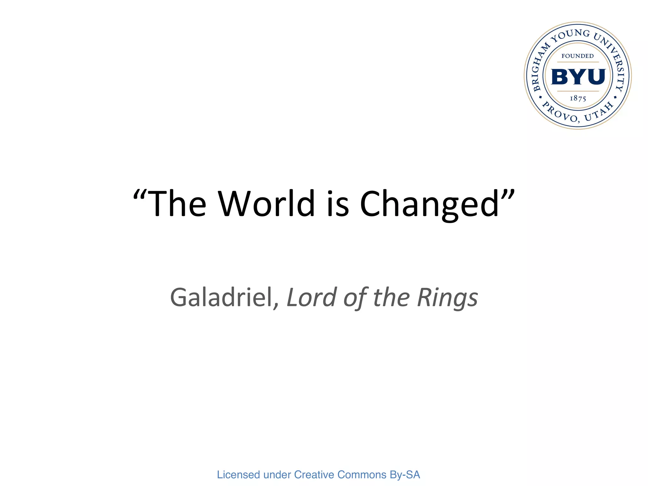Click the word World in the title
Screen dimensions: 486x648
(x=266, y=204)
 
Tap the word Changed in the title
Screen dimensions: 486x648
(x=429, y=204)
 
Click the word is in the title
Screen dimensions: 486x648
(x=337, y=204)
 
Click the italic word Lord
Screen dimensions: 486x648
(x=312, y=297)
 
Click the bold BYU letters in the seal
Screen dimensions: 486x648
(x=578, y=77)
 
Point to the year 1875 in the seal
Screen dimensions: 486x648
(x=578, y=98)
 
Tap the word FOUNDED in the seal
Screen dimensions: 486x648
(x=577, y=56)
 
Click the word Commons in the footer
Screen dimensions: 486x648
(x=362, y=475)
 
